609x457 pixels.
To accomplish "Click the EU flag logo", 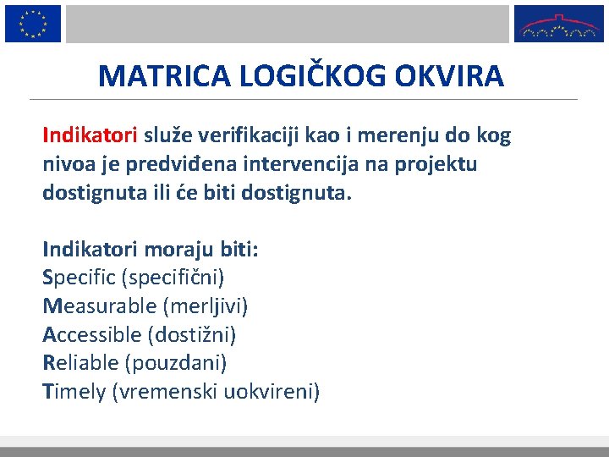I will click(x=33, y=23).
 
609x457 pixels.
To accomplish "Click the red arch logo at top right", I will click(x=559, y=24).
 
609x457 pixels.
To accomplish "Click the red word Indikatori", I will click(x=90, y=135).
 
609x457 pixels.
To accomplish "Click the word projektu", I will click(x=438, y=164).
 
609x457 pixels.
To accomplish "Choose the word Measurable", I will click(x=92, y=306).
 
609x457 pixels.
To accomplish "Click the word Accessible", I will click(x=91, y=334).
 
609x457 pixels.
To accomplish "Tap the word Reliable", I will click(x=80, y=363).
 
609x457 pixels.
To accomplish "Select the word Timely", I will click(x=74, y=392).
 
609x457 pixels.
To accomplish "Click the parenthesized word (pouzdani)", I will click(x=176, y=363).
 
